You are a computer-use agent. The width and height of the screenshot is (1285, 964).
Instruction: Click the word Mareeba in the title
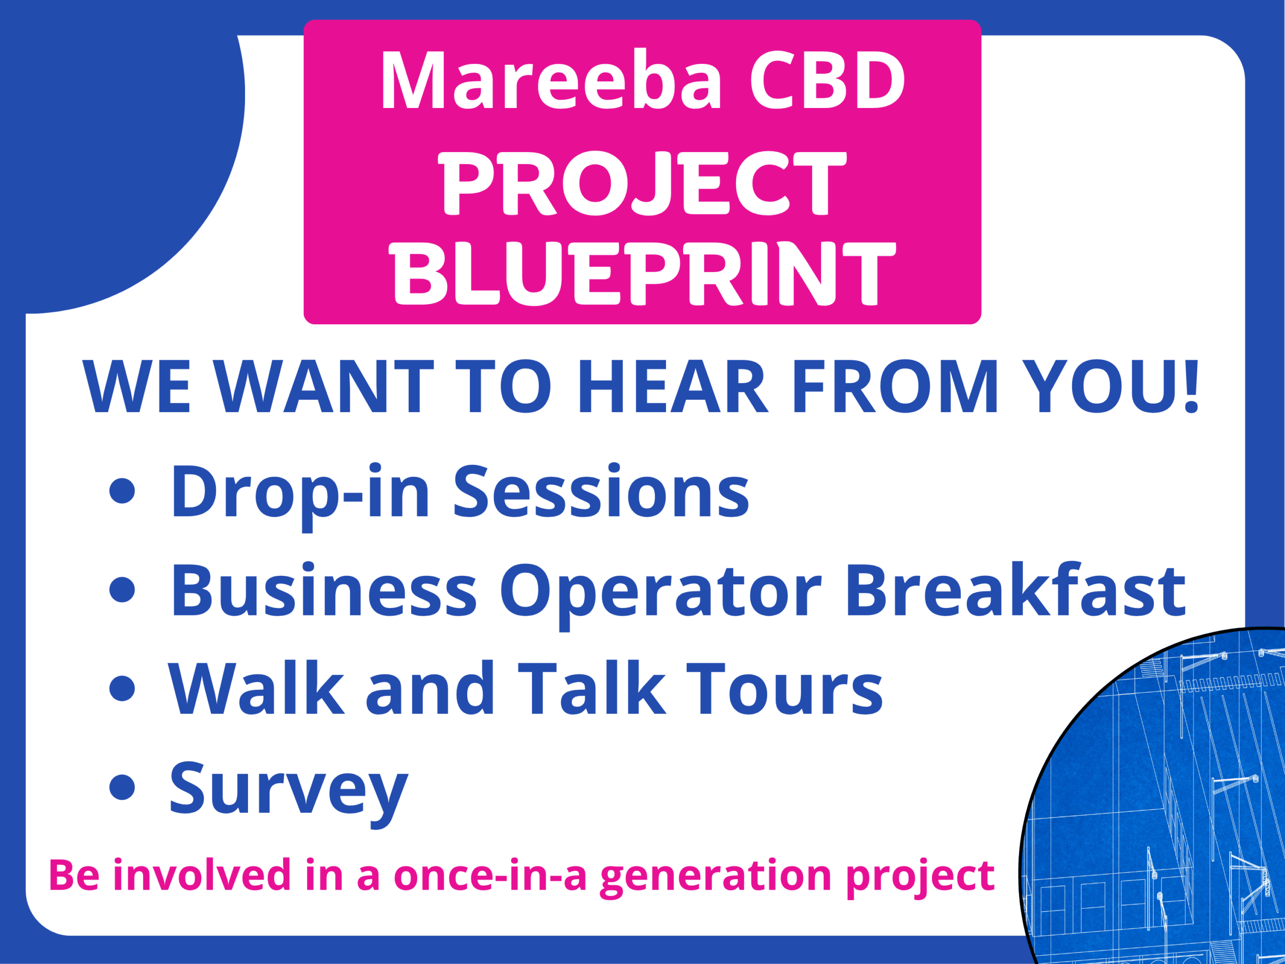click(x=551, y=80)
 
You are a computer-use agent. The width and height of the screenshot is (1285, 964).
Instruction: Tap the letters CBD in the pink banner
click(x=828, y=80)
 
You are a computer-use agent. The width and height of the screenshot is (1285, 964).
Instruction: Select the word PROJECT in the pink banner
click(x=642, y=182)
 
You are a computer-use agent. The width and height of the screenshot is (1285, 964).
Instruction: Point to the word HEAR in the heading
click(x=672, y=387)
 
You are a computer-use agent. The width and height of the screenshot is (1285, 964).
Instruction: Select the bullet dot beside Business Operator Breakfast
click(x=122, y=590)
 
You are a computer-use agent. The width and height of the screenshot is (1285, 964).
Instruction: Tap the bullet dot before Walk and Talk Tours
click(x=122, y=688)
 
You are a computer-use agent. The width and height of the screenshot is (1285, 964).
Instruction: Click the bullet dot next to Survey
click(x=122, y=787)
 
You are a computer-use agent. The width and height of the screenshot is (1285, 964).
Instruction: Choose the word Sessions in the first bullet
click(x=601, y=491)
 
